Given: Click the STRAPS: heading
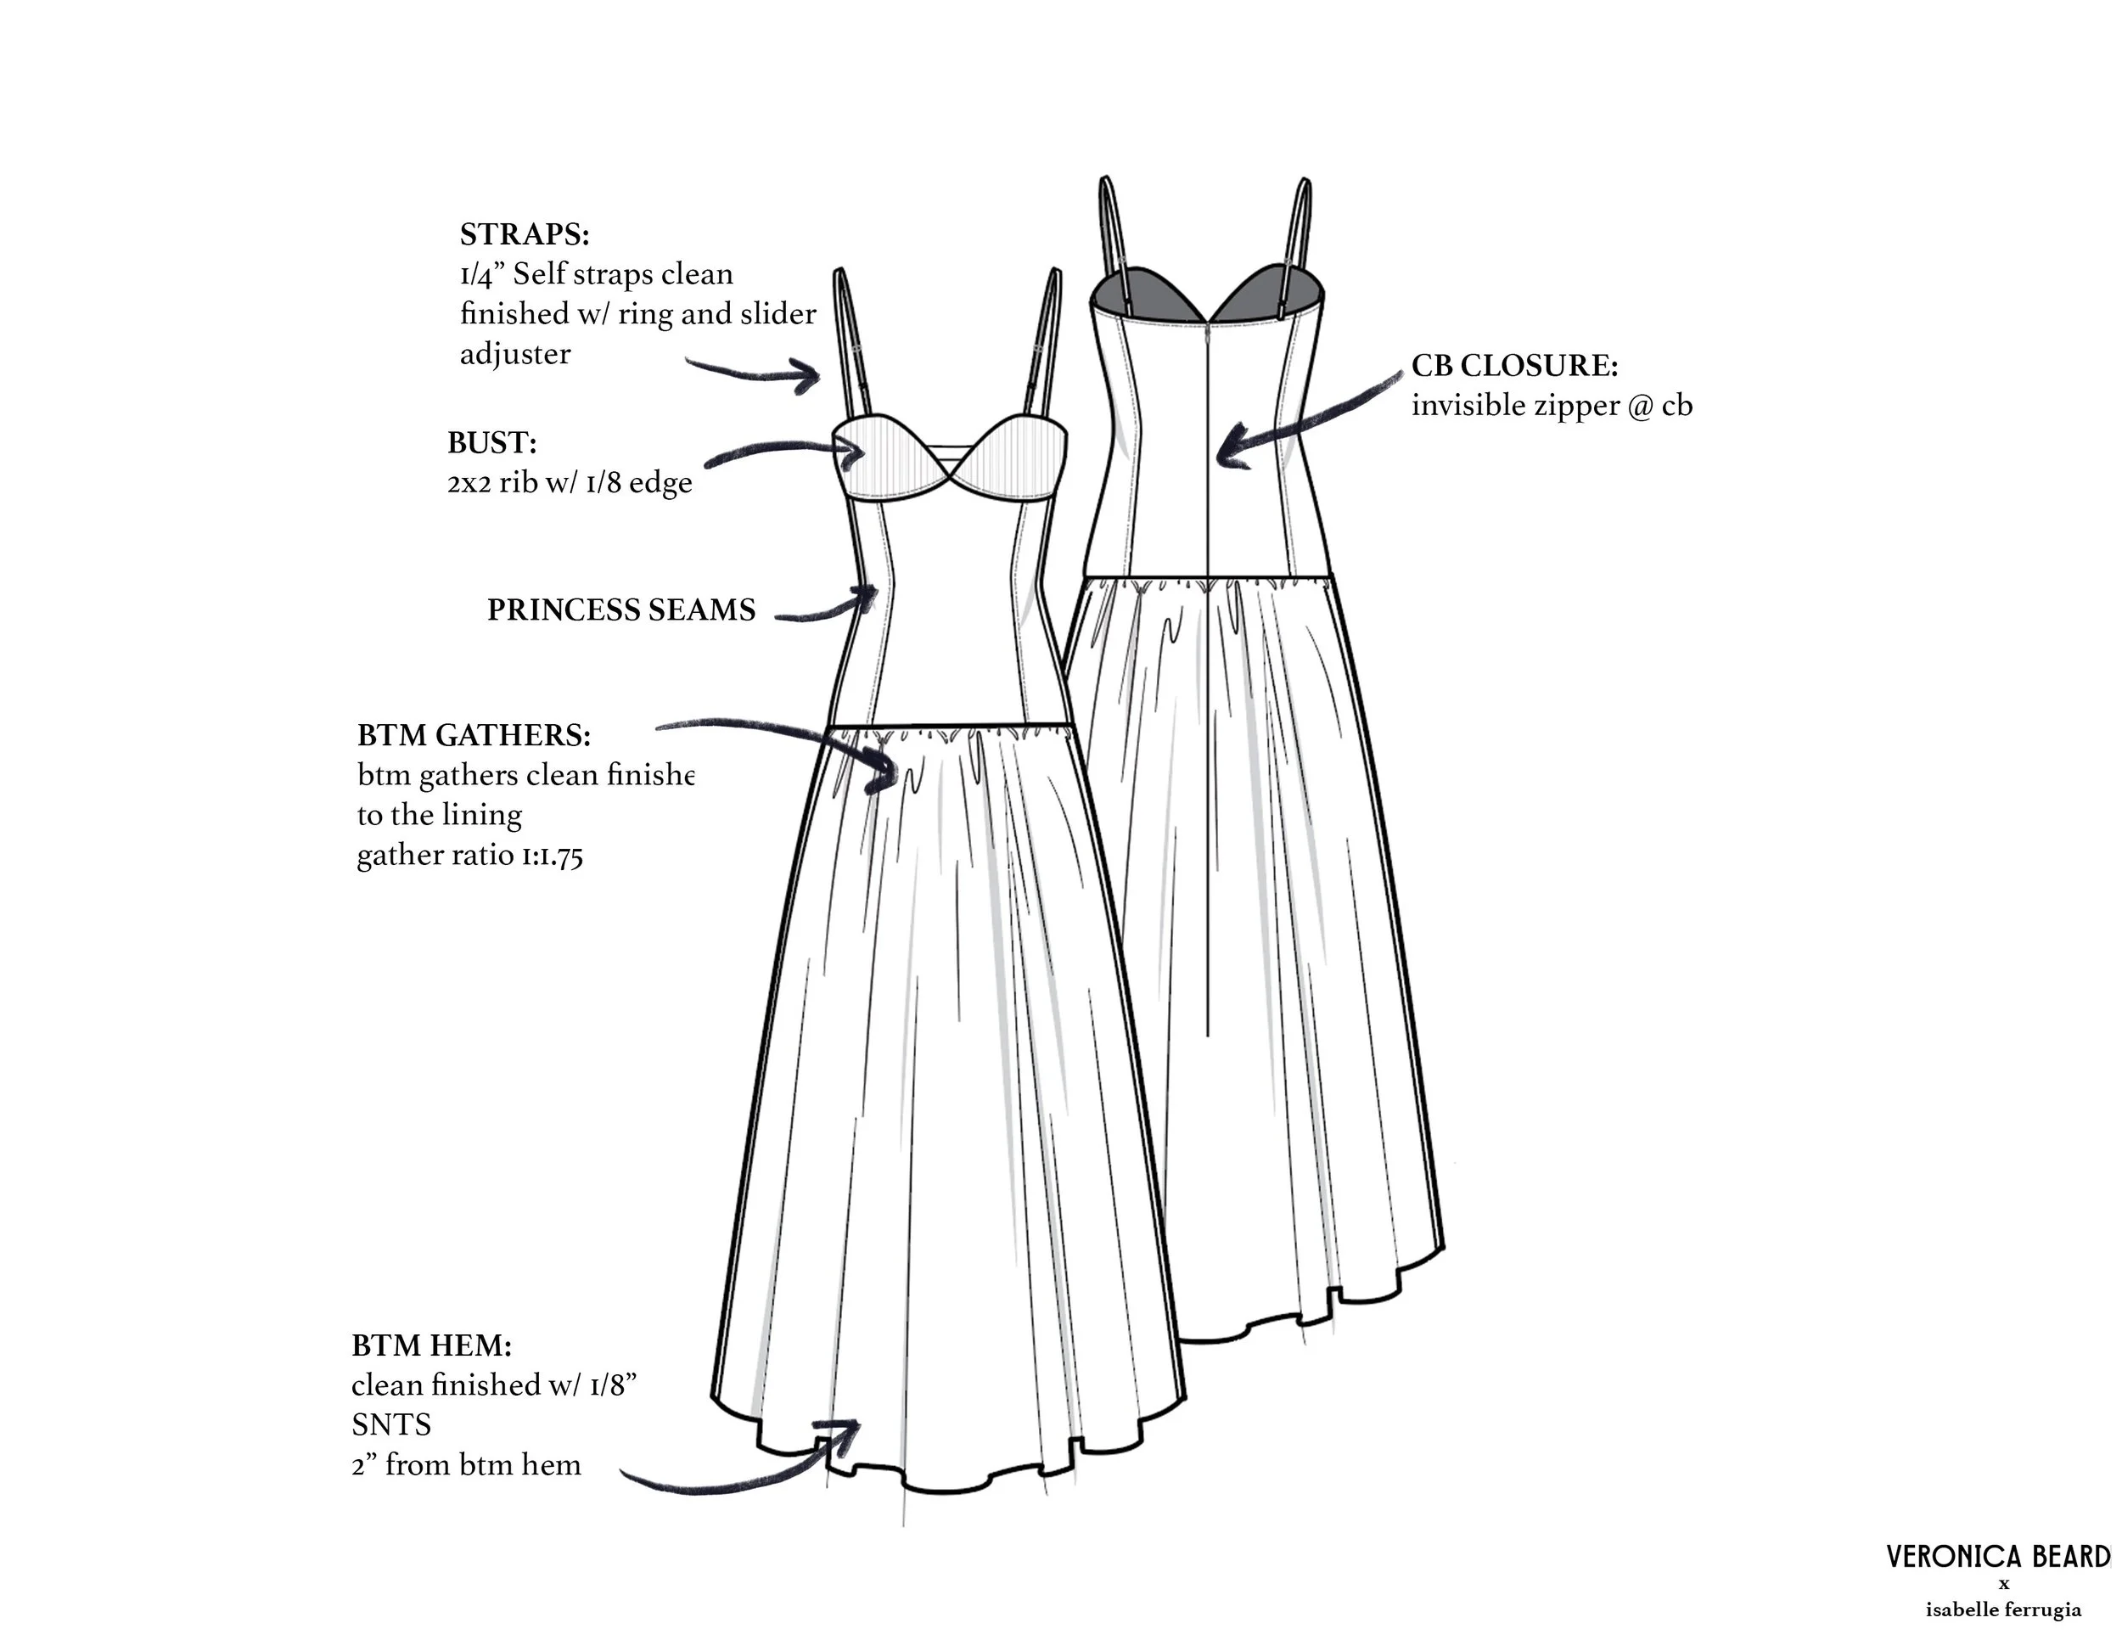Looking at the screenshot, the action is click(x=525, y=234).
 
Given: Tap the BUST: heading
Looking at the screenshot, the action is click(x=491, y=443).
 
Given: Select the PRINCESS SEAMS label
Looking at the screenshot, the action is click(x=620, y=610).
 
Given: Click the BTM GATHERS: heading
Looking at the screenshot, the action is click(x=474, y=735).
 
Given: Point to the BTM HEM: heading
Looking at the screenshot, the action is click(x=431, y=1345).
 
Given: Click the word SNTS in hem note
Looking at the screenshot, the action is click(x=391, y=1425).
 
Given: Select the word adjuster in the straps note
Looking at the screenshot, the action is click(x=515, y=355).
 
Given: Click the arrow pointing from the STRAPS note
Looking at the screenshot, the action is click(x=758, y=371).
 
